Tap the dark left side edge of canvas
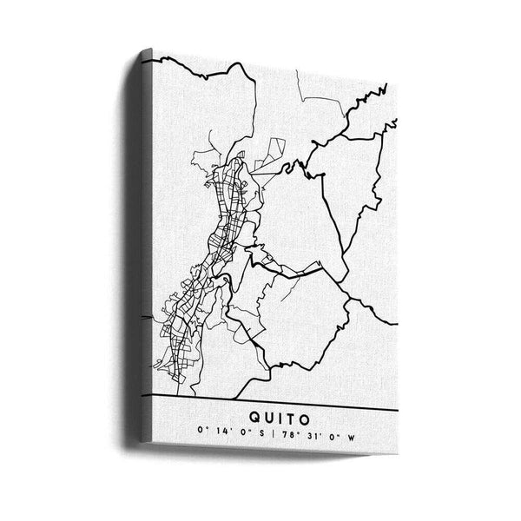point(146,260)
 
